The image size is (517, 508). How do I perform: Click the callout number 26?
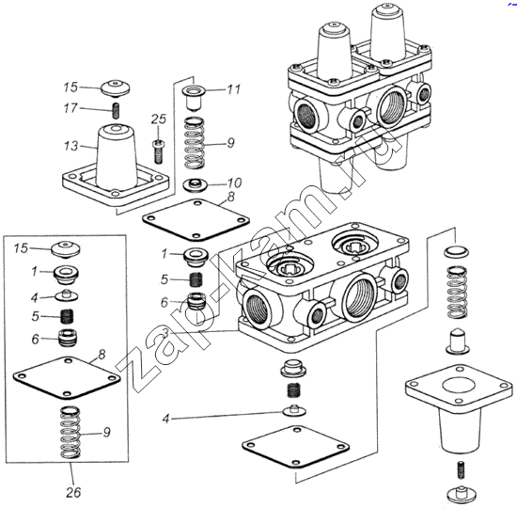click(73, 492)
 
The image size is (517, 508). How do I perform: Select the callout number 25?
click(159, 119)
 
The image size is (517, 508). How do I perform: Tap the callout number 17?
click(70, 108)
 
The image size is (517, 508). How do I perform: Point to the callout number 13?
click(70, 146)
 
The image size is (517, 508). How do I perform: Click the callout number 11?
click(233, 89)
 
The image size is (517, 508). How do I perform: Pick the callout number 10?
click(234, 183)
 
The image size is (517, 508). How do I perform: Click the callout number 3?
click(165, 333)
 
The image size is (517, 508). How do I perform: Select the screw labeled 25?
click(158, 151)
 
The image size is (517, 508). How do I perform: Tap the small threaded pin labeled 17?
click(116, 111)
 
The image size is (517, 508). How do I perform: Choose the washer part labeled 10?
click(195, 185)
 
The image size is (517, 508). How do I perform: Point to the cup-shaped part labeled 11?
click(195, 98)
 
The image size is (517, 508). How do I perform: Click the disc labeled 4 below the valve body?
click(294, 411)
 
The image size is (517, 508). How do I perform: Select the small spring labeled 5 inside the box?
click(68, 316)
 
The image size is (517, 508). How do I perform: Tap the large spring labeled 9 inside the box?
click(70, 433)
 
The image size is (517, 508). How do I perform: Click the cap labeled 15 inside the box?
click(66, 248)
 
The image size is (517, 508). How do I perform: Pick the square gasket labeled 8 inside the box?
click(67, 377)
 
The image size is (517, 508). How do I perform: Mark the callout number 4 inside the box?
click(35, 297)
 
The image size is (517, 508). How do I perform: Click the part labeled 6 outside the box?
click(196, 301)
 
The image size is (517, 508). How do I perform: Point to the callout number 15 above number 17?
click(70, 87)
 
